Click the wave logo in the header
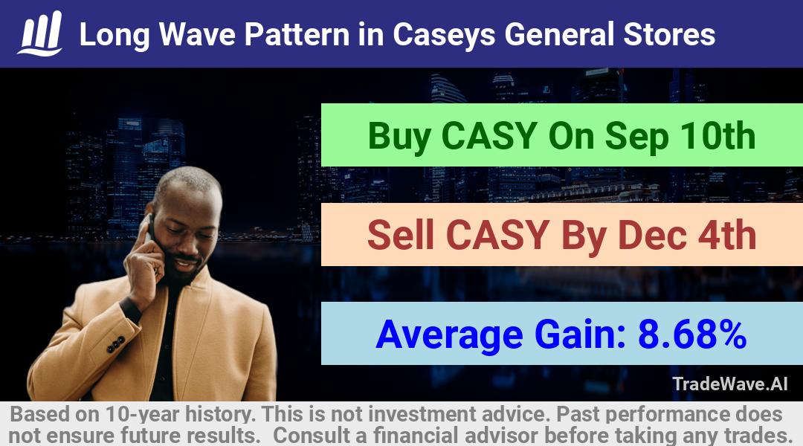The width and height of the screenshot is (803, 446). coord(40,33)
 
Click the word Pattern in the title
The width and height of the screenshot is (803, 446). coord(297,34)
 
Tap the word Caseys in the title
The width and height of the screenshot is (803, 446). coord(444,36)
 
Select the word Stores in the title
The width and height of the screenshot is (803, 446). coord(669,34)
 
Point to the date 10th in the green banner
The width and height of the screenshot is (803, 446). coord(717,136)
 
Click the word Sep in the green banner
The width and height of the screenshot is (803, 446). coord(636,137)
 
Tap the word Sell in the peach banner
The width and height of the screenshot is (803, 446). coord(401,235)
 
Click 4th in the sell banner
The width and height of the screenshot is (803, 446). coord(727,235)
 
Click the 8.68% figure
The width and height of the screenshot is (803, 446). coord(692,334)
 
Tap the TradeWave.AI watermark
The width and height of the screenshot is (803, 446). coord(730,384)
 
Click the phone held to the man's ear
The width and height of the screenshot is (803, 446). coord(149,228)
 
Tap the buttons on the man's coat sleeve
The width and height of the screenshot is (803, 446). coord(116,345)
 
